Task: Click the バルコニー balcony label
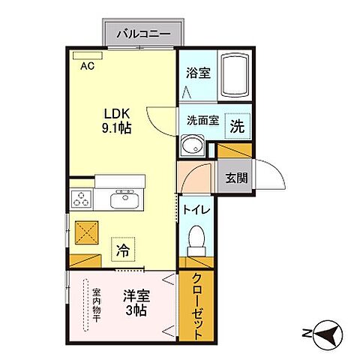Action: (142, 34)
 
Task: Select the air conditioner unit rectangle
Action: (82, 55)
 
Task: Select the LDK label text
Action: (118, 113)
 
